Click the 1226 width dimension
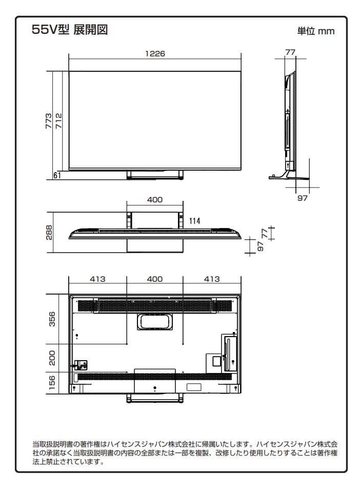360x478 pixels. click(154, 54)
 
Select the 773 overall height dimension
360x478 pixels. click(48, 121)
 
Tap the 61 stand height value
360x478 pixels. click(56, 176)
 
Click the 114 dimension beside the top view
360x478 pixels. click(194, 221)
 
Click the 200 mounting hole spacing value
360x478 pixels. click(52, 358)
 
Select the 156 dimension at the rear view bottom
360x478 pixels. click(52, 383)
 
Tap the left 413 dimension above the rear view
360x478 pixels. click(97, 279)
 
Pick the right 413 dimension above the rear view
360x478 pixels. click(211, 279)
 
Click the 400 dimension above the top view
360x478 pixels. click(154, 200)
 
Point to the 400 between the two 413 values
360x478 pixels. click(154, 279)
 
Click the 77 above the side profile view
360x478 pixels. click(290, 52)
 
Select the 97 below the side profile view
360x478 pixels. click(303, 198)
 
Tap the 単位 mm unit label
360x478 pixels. click(315, 31)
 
